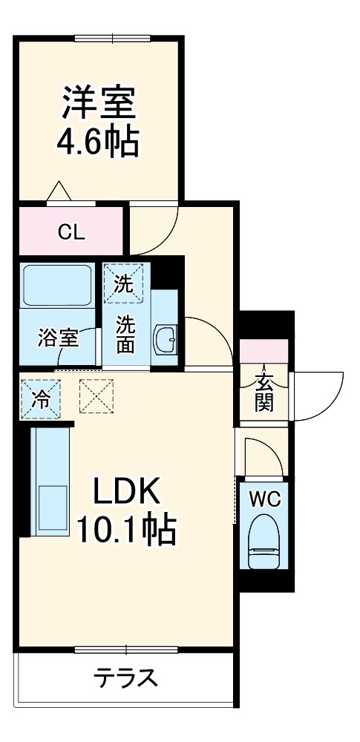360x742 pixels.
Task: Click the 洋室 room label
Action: pos(98,104)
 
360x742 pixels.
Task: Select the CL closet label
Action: pos(72,232)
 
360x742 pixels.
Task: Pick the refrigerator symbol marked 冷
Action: pos(41,398)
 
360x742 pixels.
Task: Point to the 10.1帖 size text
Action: pos(126,528)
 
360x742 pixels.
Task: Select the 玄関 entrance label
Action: pos(264,392)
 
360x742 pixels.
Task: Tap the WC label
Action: pos(264,499)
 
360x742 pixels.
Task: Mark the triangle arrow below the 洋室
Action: pos(59,192)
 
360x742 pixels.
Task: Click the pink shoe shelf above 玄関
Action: pos(263,350)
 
